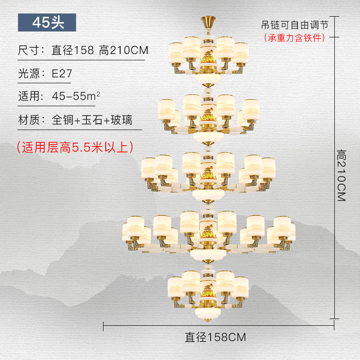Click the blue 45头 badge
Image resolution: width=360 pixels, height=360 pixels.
click(x=47, y=22)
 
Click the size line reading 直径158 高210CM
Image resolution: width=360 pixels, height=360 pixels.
click(x=100, y=50)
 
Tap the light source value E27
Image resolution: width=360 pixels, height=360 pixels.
click(x=62, y=73)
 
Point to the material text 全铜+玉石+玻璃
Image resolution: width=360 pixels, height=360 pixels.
click(x=92, y=120)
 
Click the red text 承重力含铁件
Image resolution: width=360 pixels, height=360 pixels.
click(x=295, y=38)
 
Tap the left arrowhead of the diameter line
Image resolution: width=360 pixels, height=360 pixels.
click(x=105, y=323)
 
